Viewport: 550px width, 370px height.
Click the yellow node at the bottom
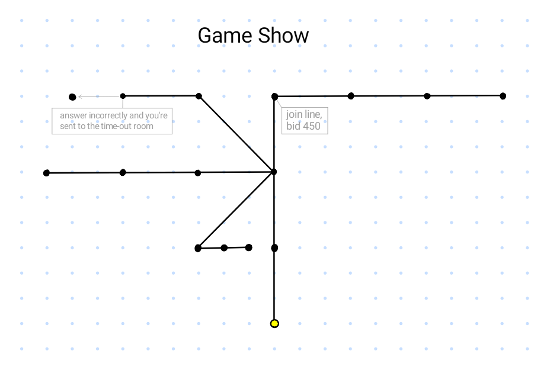pyautogui.click(x=274, y=323)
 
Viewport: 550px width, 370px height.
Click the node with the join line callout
pyautogui.click(x=274, y=96)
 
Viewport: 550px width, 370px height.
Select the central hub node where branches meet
pyautogui.click(x=274, y=172)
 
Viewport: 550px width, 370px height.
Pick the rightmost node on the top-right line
pyautogui.click(x=503, y=96)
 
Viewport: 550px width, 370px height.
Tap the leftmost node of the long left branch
pyautogui.click(x=47, y=173)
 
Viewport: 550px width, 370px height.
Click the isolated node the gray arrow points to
pyautogui.click(x=72, y=97)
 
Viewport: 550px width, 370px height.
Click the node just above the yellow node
pyautogui.click(x=274, y=247)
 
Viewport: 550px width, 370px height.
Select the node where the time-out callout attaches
pyautogui.click(x=123, y=96)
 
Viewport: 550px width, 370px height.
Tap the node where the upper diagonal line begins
pyautogui.click(x=199, y=96)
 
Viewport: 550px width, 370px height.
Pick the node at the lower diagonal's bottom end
pyautogui.click(x=198, y=248)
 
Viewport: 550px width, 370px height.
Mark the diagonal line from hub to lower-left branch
pyautogui.click(x=236, y=210)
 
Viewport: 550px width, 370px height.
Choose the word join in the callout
pyautogui.click(x=295, y=114)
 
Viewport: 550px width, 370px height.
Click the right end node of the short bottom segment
pyautogui.click(x=248, y=247)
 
